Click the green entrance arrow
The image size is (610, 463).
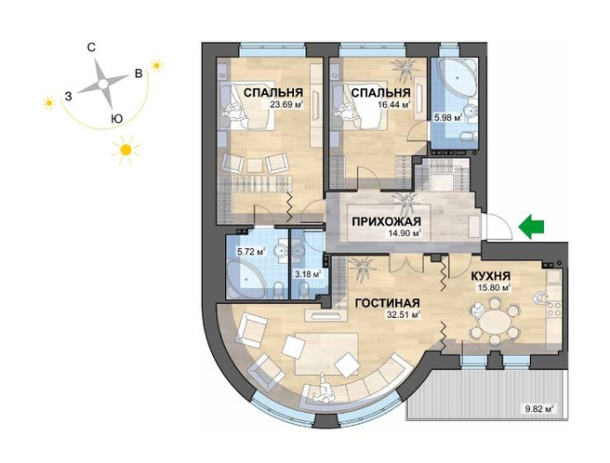[x=531, y=227]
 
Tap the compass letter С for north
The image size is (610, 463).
[x=91, y=47]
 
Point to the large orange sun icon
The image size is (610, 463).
[x=126, y=150]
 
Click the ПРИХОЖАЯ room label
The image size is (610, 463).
[x=386, y=221]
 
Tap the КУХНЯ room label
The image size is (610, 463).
[x=491, y=276]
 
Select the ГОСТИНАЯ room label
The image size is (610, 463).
[x=388, y=303]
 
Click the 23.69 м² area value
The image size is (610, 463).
[x=286, y=104]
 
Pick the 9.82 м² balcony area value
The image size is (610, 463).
[x=538, y=409]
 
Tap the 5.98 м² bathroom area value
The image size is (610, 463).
[x=448, y=117]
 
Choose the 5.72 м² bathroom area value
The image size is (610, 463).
[x=251, y=251]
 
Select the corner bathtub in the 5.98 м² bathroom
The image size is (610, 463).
[x=457, y=76]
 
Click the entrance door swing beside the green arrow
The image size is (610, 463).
[x=497, y=227]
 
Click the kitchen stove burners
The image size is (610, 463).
[x=554, y=308]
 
